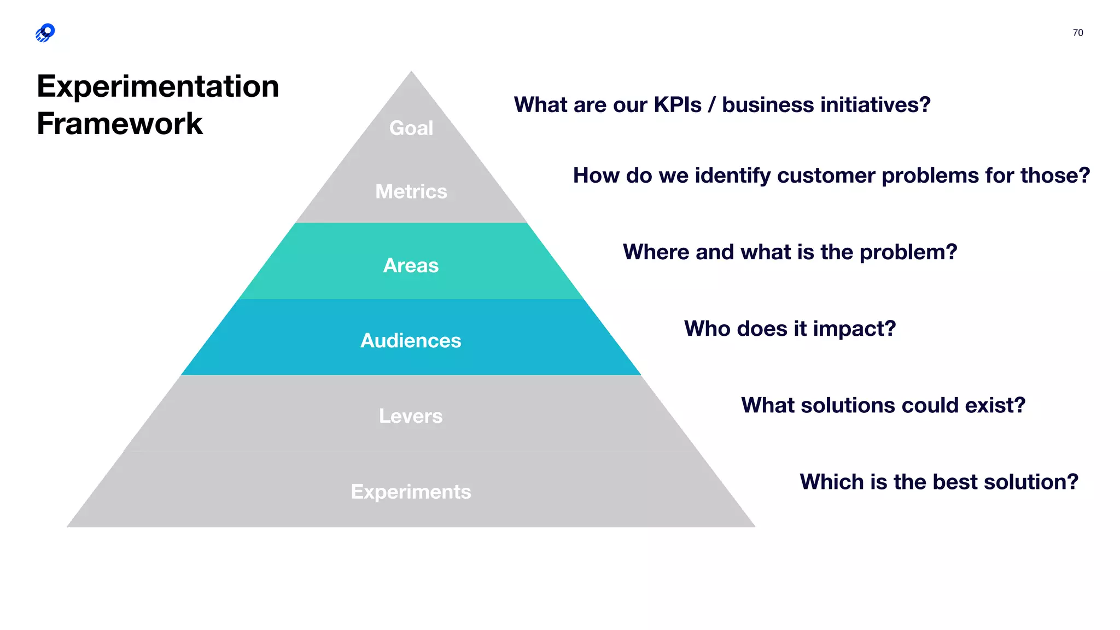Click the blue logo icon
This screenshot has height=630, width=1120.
(45, 33)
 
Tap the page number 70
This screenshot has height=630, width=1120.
(1077, 33)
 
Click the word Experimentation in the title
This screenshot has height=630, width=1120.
(158, 86)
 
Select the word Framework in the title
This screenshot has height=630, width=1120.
(120, 124)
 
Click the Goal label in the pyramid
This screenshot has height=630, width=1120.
(411, 128)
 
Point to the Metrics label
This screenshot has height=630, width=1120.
(411, 191)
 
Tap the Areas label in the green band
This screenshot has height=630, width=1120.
(411, 265)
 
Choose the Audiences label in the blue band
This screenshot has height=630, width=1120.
(411, 341)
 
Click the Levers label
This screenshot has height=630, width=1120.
(411, 416)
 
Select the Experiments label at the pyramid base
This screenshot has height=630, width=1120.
(411, 492)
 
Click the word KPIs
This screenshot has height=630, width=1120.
(678, 105)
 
